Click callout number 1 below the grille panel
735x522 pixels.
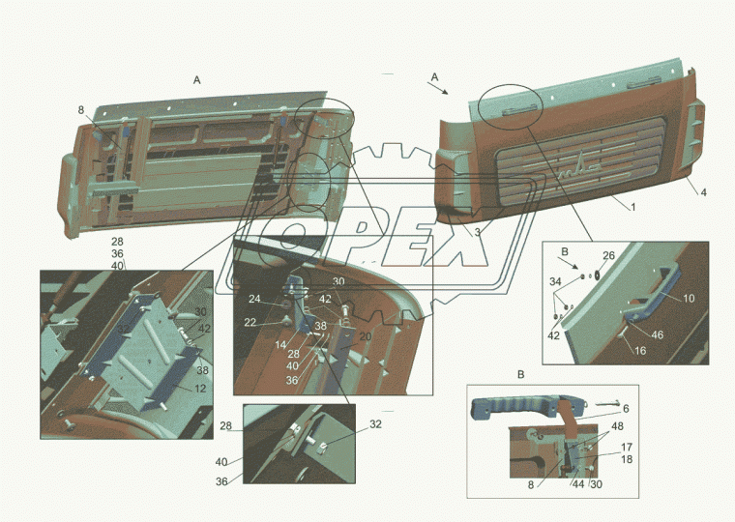(x=633, y=207)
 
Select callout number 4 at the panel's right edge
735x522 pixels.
(x=704, y=192)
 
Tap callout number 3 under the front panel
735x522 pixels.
(x=477, y=232)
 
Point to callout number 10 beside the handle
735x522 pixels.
(x=689, y=298)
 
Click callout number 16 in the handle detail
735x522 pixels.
(x=640, y=351)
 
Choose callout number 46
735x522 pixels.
(x=658, y=334)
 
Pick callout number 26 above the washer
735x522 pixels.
(x=608, y=255)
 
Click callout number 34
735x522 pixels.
(x=555, y=281)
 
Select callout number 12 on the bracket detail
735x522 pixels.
(x=200, y=389)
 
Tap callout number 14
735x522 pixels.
(x=280, y=345)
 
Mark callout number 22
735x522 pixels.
(x=250, y=323)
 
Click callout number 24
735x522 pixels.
(x=254, y=299)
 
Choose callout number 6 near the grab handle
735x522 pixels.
(x=626, y=409)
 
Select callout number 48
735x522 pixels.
(x=617, y=426)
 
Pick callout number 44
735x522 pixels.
(x=578, y=484)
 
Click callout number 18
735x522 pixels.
(x=627, y=459)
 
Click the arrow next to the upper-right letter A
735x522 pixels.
(x=437, y=88)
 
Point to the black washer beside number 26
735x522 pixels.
(x=598, y=275)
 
